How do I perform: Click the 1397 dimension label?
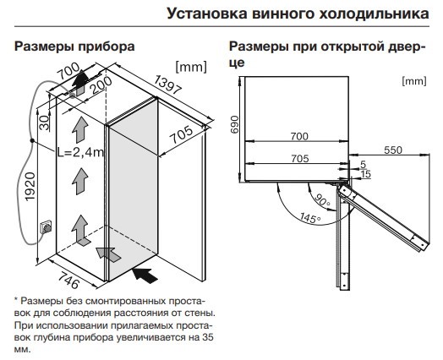point(167,85)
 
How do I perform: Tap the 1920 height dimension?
point(30,187)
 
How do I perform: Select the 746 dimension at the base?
point(68,280)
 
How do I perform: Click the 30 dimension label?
point(45,123)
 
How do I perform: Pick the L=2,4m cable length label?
point(81,152)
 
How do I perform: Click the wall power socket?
point(46,226)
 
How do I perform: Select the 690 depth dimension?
point(234,124)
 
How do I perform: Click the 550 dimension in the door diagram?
point(393,150)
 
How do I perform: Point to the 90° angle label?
point(321,200)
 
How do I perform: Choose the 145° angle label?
point(310,217)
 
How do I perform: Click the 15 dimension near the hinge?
point(366,174)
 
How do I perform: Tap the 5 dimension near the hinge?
point(364,164)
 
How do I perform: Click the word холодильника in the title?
point(374,14)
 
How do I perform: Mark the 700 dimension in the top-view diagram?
point(299,136)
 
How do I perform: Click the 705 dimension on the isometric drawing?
point(182,134)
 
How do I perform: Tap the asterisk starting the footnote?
point(16,299)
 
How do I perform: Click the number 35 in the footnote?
point(208,337)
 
